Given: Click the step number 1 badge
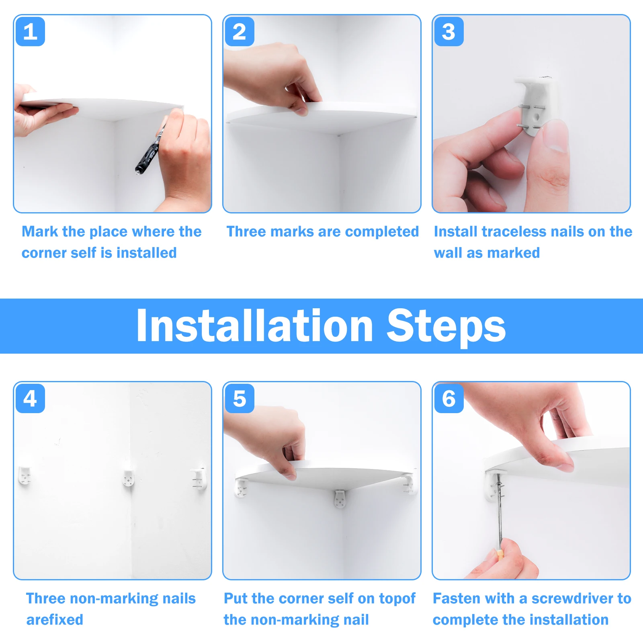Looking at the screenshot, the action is (x=30, y=32).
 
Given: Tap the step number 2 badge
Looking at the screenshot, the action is (x=240, y=32).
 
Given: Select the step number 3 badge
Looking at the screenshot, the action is (x=449, y=32).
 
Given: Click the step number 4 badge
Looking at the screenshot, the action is (x=30, y=399).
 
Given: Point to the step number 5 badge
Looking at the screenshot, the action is (x=240, y=399).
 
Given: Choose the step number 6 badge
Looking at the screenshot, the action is (x=449, y=399).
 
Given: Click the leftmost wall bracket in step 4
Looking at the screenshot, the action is (x=25, y=476).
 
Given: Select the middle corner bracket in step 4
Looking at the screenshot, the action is (x=129, y=477).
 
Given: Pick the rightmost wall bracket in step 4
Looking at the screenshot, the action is (x=199, y=477).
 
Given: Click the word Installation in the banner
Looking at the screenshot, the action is (x=255, y=326).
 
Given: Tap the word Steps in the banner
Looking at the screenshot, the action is (x=446, y=328).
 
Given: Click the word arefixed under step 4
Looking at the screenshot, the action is (x=55, y=620).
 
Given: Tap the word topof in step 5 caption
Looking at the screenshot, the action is (x=397, y=599).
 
